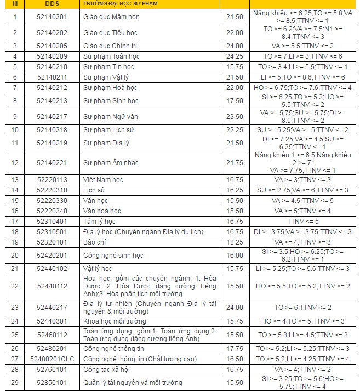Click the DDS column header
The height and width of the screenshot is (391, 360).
click(52, 4)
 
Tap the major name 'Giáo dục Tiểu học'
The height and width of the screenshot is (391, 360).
click(110, 33)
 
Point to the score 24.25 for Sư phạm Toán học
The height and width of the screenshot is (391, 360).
click(234, 56)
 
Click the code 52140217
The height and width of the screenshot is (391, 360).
click(52, 116)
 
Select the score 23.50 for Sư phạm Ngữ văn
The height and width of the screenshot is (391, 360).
click(234, 116)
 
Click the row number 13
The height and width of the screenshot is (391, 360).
click(15, 179)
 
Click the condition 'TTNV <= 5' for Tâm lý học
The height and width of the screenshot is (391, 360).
click(302, 221)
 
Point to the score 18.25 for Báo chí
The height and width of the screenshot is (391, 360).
click(234, 242)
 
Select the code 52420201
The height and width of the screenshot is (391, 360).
click(52, 255)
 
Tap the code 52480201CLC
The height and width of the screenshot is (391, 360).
click(52, 359)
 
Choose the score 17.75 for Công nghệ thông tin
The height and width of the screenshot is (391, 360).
click(234, 348)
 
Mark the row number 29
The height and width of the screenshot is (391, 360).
click(15, 382)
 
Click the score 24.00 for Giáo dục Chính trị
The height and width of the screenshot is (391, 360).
click(234, 46)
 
